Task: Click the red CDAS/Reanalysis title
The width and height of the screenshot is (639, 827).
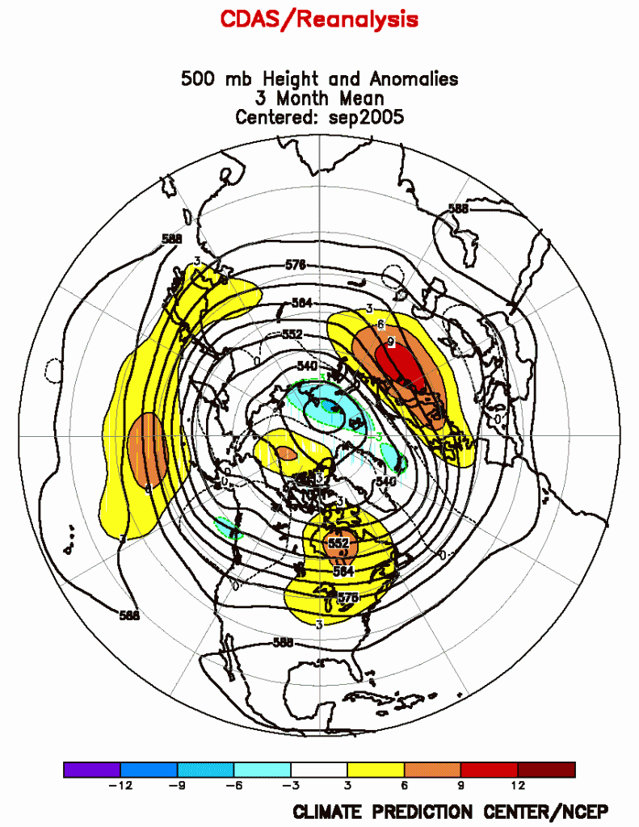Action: pos(319,19)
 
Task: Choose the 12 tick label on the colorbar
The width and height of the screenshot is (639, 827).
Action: pos(518,785)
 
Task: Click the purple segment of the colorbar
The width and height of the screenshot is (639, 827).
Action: pos(91,770)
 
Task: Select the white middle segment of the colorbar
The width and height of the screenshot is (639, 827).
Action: pos(318,770)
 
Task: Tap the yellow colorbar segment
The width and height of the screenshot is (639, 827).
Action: pos(375,770)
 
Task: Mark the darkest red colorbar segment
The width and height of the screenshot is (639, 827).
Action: pos(546,770)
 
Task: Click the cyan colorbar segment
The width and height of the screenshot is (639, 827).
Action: pos(262,770)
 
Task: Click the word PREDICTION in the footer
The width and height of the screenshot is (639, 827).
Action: pos(429,811)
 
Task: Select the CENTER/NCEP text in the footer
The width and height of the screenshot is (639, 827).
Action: pos(548,811)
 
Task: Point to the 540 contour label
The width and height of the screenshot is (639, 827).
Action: pos(306,367)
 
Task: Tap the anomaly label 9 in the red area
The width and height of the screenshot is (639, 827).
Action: pos(390,342)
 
